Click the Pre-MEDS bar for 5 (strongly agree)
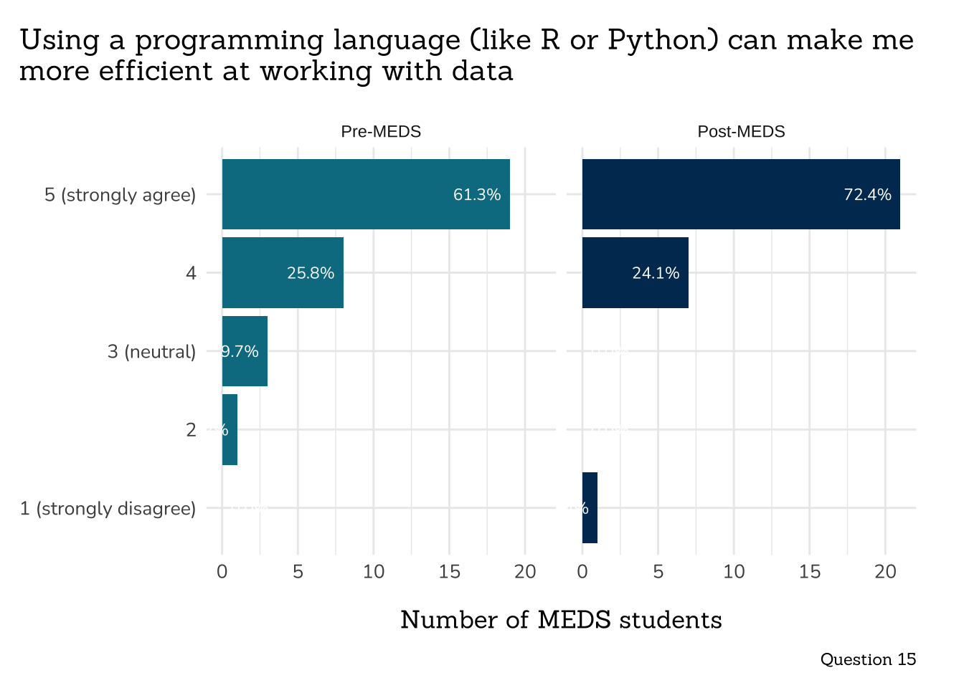[x=366, y=194]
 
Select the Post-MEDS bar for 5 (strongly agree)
[x=741, y=194]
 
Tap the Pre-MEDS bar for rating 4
[x=283, y=272]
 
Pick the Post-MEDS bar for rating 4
[x=635, y=272]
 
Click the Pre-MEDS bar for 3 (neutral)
[x=245, y=351]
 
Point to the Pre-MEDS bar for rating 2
[x=230, y=429]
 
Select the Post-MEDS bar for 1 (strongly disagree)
[x=590, y=507]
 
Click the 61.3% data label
[x=477, y=195]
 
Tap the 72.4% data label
[x=867, y=195]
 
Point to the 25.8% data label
[x=311, y=273]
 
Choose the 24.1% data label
[x=656, y=273]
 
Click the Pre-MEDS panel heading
[x=381, y=132]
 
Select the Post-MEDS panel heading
[x=741, y=132]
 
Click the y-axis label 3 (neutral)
[x=151, y=352]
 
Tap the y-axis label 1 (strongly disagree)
[x=108, y=509]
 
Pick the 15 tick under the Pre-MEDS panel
[x=449, y=572]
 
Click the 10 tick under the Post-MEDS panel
[x=734, y=572]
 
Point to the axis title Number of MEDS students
[x=561, y=620]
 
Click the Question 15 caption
[x=868, y=659]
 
